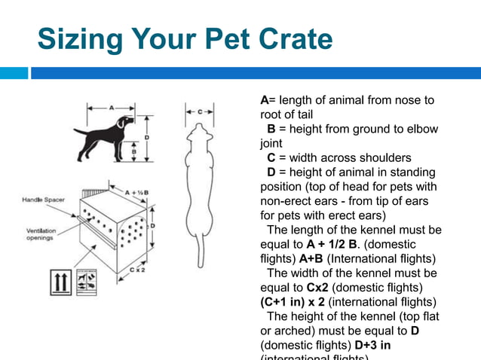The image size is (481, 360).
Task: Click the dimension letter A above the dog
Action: (112, 108)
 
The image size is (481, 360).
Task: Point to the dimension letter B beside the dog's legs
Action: (133, 151)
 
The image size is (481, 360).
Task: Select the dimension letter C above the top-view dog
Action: (200, 111)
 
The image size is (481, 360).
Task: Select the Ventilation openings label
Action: (41, 234)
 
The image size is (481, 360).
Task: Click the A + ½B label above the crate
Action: (136, 193)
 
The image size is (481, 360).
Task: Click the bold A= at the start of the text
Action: (265, 100)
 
